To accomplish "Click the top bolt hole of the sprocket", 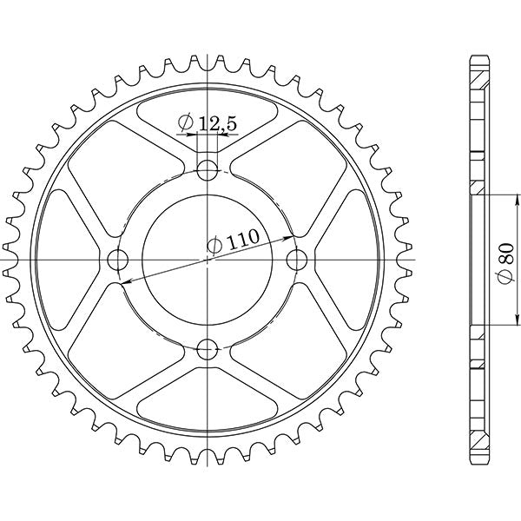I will (208, 169).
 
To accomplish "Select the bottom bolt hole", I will (208, 349).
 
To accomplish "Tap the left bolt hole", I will (118, 260).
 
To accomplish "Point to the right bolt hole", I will (297, 260).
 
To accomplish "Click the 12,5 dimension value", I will (217, 125).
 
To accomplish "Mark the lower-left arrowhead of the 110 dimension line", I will (123, 281).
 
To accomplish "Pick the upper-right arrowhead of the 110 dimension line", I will (291, 237).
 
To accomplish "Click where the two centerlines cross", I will (208, 260).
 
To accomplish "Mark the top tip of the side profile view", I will (476, 57).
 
